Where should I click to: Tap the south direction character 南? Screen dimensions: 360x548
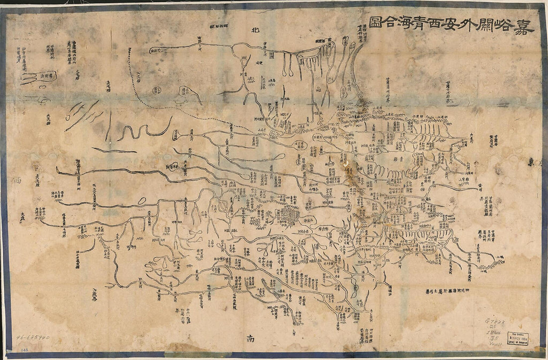[251, 340]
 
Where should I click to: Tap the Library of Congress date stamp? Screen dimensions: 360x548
[517, 336]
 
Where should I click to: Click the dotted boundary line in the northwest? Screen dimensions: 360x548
[164, 100]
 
